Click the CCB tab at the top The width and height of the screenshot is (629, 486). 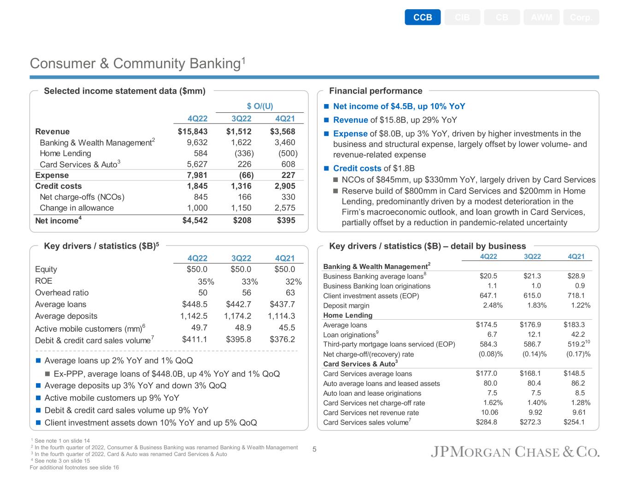pyautogui.click(x=423, y=18)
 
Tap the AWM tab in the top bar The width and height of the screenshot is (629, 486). pyautogui.click(x=541, y=18)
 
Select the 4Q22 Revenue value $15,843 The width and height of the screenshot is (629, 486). pyautogui.click(x=193, y=131)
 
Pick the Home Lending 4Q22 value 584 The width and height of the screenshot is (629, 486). pyautogui.click(x=200, y=153)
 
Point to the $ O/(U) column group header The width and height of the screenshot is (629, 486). pyautogui.click(x=260, y=106)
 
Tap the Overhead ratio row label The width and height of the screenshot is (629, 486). pyautogui.click(x=62, y=293)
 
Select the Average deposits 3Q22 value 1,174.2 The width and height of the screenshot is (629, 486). pyautogui.click(x=237, y=316)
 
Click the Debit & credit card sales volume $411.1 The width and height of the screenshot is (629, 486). pyautogui.click(x=194, y=340)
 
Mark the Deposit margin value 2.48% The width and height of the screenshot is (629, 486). pyautogui.click(x=493, y=305)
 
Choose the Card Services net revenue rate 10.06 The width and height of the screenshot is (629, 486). pyautogui.click(x=489, y=412)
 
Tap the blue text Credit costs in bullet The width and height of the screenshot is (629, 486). pyautogui.click(x=357, y=169)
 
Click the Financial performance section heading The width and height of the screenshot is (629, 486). pyautogui.click(x=376, y=91)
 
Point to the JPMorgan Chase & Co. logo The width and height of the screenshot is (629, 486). pyautogui.click(x=515, y=452)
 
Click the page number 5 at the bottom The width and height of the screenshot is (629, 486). pyautogui.click(x=314, y=450)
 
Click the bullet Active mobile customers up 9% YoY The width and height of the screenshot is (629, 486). pyautogui.click(x=112, y=398)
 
